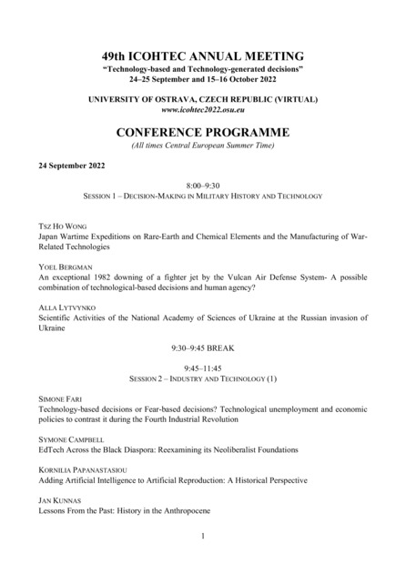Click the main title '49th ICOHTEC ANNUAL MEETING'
tap(203, 55)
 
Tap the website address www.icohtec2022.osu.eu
tap(203, 108)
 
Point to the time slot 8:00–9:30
tap(203, 184)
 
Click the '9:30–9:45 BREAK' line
tap(203, 347)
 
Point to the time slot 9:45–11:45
tap(203, 367)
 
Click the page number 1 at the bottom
tap(203, 537)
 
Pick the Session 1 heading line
tap(203, 195)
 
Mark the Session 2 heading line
tap(203, 378)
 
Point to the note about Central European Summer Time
tap(203, 145)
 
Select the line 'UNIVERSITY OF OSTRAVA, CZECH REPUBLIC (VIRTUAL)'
tap(203, 97)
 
